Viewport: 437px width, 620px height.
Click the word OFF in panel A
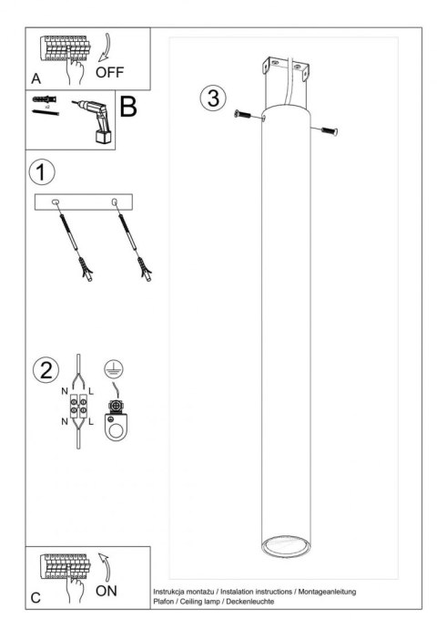[x=109, y=72]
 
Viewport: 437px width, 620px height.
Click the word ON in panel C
[x=107, y=591]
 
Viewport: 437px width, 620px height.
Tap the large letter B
[x=127, y=107]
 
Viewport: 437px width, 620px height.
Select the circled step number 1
[x=42, y=172]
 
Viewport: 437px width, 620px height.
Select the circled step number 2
[x=46, y=370]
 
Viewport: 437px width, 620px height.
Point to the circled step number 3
[x=213, y=98]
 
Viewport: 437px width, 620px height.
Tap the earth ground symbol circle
[x=114, y=368]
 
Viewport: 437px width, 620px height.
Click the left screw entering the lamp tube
[x=242, y=114]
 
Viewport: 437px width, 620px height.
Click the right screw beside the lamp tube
[x=329, y=131]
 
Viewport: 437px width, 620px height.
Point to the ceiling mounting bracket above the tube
[x=286, y=69]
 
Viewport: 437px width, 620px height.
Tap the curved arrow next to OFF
[x=105, y=47]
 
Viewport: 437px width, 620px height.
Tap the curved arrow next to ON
[x=105, y=567]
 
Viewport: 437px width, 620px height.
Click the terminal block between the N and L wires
[x=78, y=406]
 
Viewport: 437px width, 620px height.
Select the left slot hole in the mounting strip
[x=56, y=202]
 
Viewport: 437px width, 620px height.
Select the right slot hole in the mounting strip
[x=115, y=202]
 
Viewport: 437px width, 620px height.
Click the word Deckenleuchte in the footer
[x=249, y=602]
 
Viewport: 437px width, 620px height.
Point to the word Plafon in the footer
[x=164, y=602]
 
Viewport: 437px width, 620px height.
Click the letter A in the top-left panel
[x=36, y=78]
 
